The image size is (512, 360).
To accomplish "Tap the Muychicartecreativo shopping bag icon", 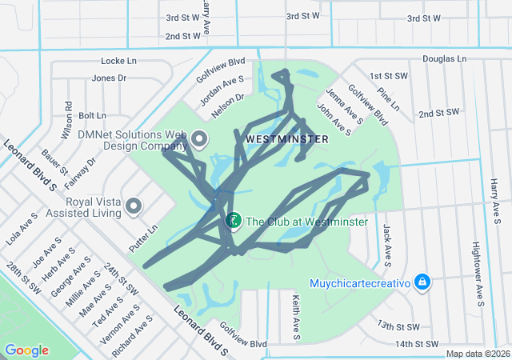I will [x=422, y=282].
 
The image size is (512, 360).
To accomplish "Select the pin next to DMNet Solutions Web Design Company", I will [x=198, y=140].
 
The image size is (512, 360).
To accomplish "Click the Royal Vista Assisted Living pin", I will [x=133, y=207].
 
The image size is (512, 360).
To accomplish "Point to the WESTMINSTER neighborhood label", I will [x=286, y=139].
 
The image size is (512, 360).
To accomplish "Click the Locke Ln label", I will [x=119, y=61].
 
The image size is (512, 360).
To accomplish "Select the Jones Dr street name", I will [x=110, y=78].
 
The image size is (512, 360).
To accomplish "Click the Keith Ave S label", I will [x=295, y=316].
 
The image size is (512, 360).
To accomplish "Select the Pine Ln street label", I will [x=390, y=100].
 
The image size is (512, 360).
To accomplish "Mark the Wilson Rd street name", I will [x=68, y=117].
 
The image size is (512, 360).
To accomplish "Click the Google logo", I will [x=26, y=350].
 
